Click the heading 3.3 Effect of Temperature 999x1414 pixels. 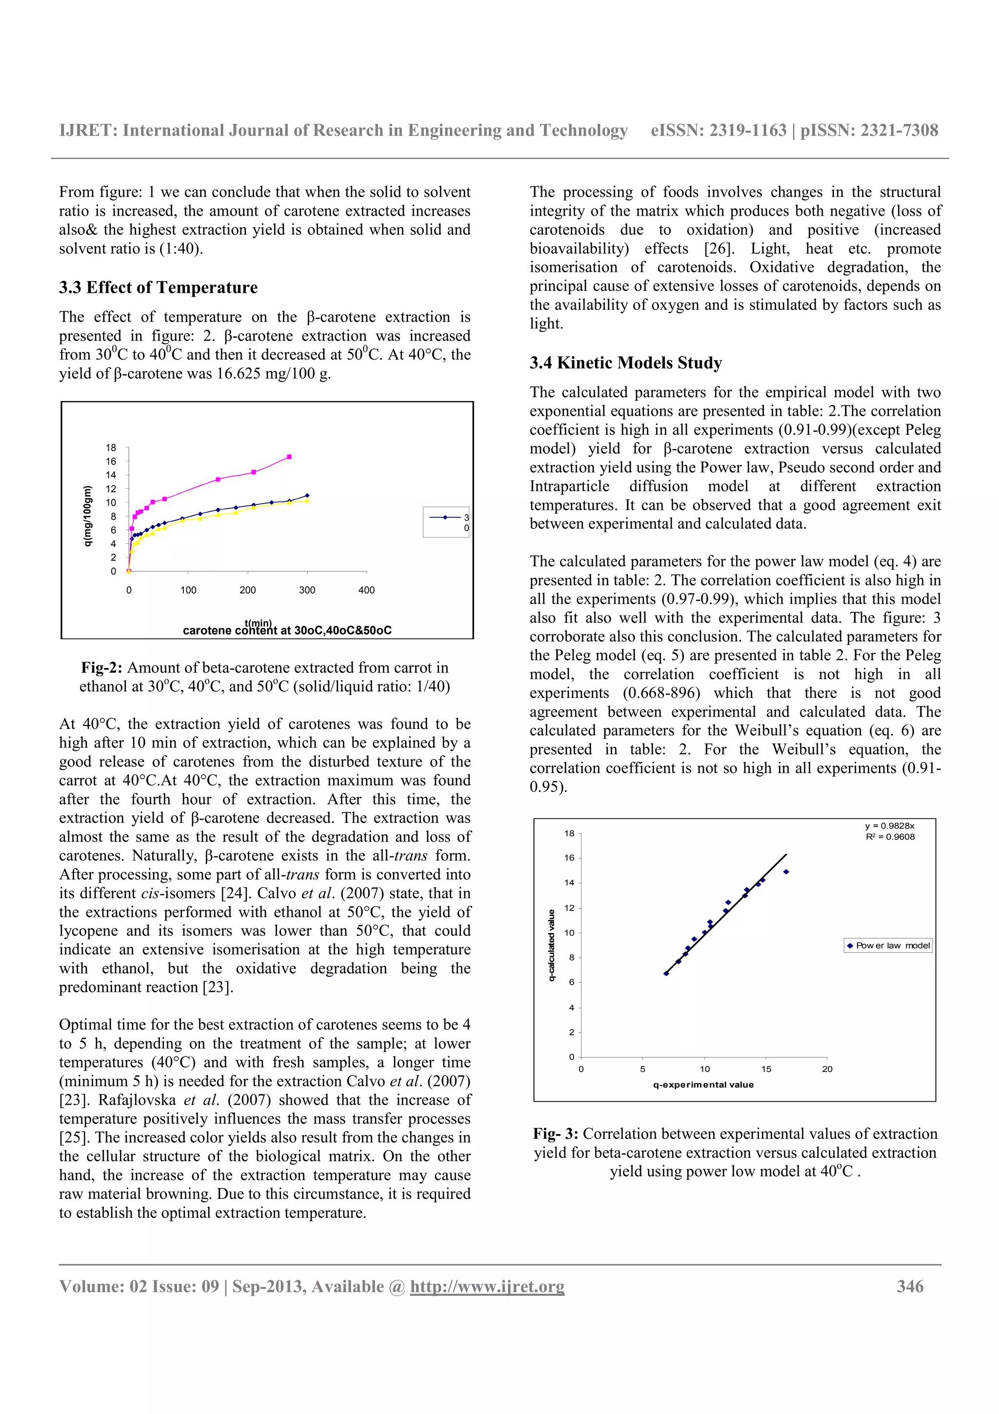158,287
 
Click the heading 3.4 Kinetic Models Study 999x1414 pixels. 625,363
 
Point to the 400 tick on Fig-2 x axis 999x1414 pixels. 366,590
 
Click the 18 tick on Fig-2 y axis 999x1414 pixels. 111,448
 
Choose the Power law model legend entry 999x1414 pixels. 888,945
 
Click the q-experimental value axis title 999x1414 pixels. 703,1085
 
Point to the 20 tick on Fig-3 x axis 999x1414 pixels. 827,1069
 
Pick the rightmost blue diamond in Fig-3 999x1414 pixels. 786,872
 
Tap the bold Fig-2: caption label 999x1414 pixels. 101,667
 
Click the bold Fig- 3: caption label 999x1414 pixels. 555,1134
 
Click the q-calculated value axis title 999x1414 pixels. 552,945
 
